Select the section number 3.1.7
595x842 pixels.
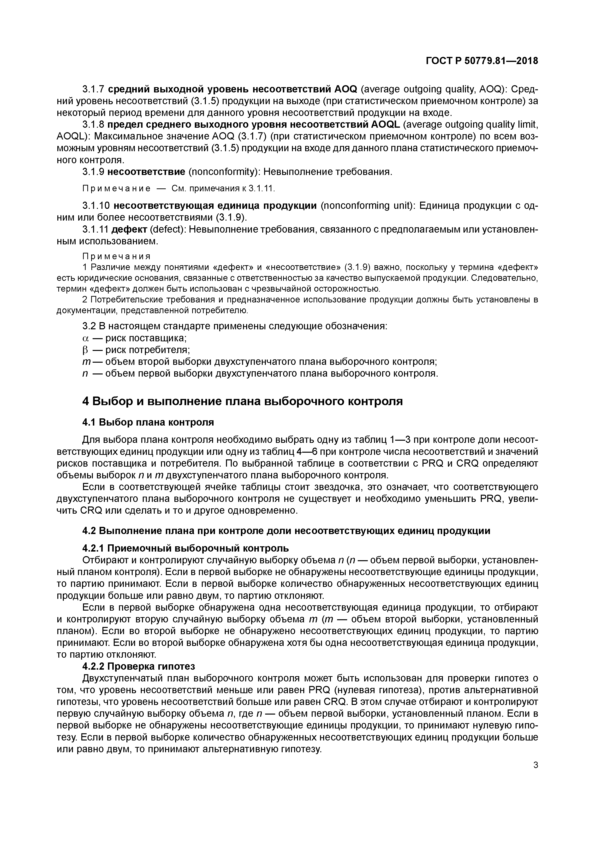pos(94,89)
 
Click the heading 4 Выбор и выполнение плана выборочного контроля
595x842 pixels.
pos(242,402)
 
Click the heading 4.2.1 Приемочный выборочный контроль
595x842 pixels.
pos(185,549)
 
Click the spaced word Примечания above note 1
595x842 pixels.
pos(117,256)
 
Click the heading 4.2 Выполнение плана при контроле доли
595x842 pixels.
pos(286,531)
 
